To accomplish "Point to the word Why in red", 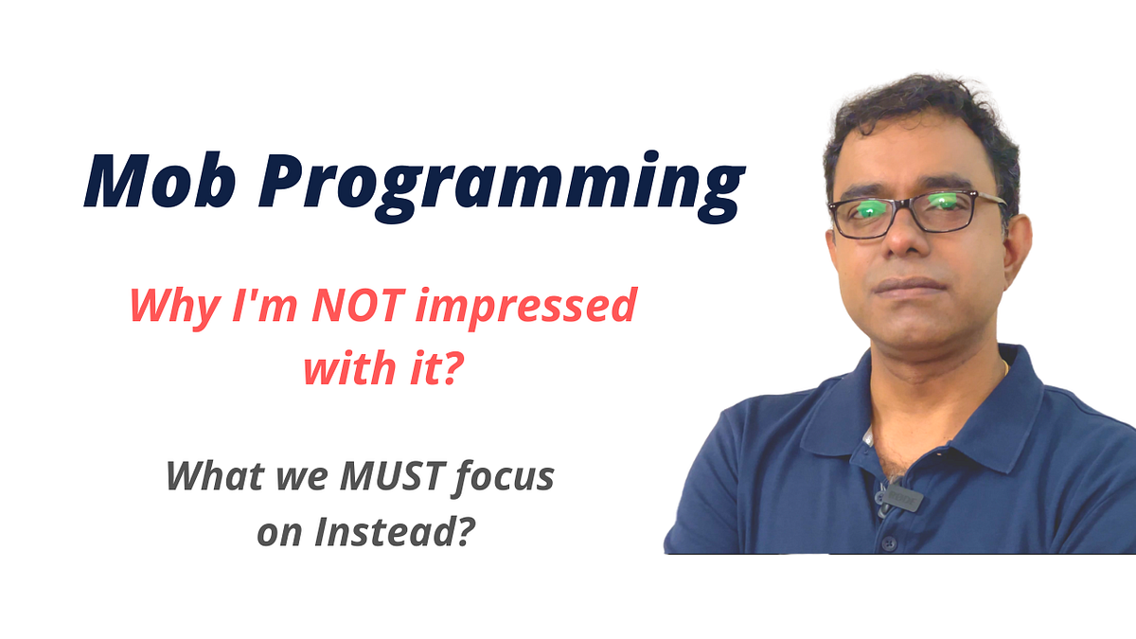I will click(166, 308).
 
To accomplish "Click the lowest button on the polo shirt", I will click(888, 543).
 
